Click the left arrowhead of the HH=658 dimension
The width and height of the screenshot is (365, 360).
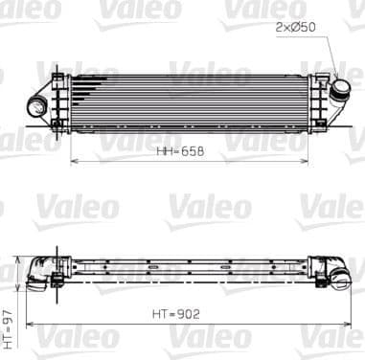click(75, 161)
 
